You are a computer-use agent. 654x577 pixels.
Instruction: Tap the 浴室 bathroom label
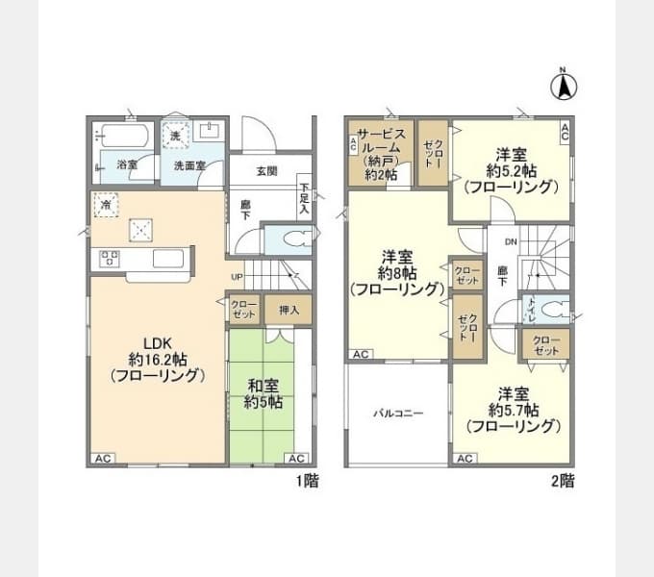[127, 165]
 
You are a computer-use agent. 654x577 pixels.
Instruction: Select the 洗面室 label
[189, 165]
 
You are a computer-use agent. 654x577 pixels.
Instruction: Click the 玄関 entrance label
[266, 171]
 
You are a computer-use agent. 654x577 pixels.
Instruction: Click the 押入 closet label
[289, 310]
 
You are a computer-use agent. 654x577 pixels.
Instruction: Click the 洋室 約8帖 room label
[396, 272]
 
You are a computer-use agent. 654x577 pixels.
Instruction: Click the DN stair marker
[511, 241]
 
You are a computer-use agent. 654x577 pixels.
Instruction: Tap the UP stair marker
[237, 278]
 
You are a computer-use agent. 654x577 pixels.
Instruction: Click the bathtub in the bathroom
[122, 136]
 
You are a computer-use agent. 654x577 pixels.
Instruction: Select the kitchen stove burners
[110, 258]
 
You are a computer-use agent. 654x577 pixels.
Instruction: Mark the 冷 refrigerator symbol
[104, 206]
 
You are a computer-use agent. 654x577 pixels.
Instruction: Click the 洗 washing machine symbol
[175, 136]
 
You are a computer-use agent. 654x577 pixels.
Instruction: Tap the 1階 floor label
[306, 480]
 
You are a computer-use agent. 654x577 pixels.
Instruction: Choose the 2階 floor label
[563, 480]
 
